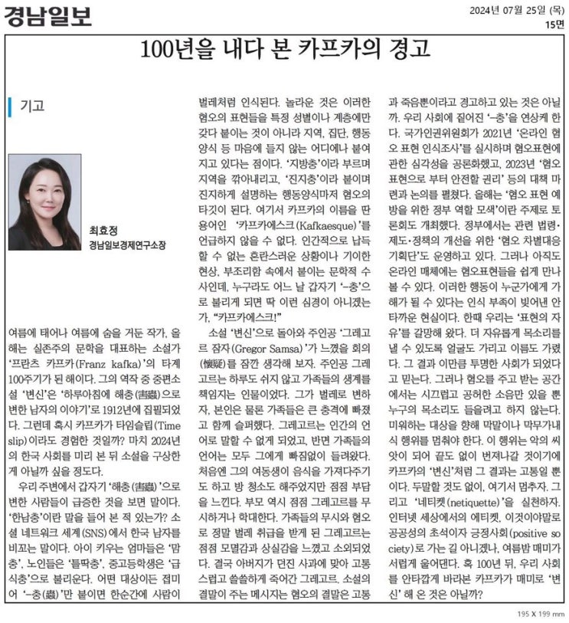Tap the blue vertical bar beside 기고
(10, 106)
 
